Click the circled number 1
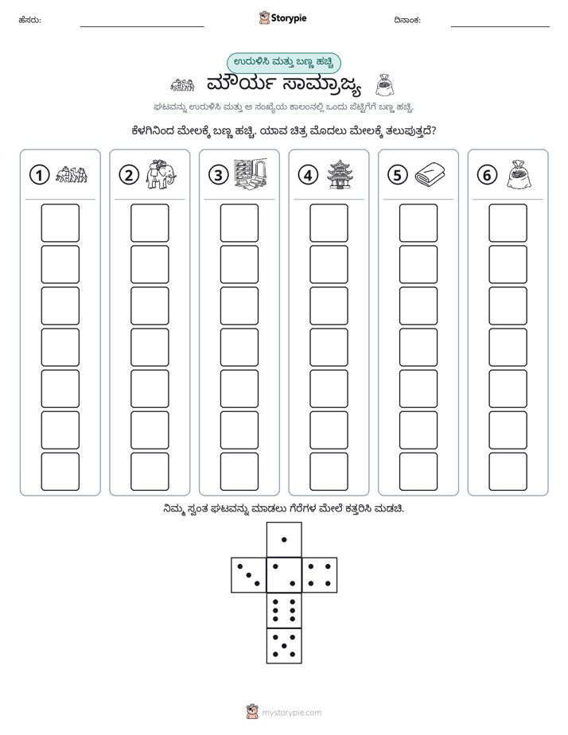pyautogui.click(x=39, y=175)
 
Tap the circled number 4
pyautogui.click(x=308, y=175)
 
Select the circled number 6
pyautogui.click(x=487, y=175)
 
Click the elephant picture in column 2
pyautogui.click(x=161, y=174)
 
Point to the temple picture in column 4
pyautogui.click(x=340, y=174)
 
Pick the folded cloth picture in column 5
pyautogui.click(x=430, y=174)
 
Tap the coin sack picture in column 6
pyautogui.click(x=519, y=174)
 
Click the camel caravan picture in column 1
pyautogui.click(x=72, y=174)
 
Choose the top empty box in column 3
pyautogui.click(x=239, y=223)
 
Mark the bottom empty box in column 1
pyautogui.click(x=60, y=472)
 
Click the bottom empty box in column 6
pyautogui.click(x=508, y=472)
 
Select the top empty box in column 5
pyautogui.click(x=418, y=223)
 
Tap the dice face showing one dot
pyautogui.click(x=284, y=539)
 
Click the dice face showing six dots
pyautogui.click(x=284, y=610)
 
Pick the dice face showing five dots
pyautogui.click(x=284, y=646)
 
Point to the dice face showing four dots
pyautogui.click(x=320, y=575)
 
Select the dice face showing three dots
pyautogui.click(x=249, y=575)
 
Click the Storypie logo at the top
pyautogui.click(x=282, y=18)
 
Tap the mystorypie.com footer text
pyautogui.click(x=291, y=713)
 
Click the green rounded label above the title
pyautogui.click(x=283, y=64)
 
